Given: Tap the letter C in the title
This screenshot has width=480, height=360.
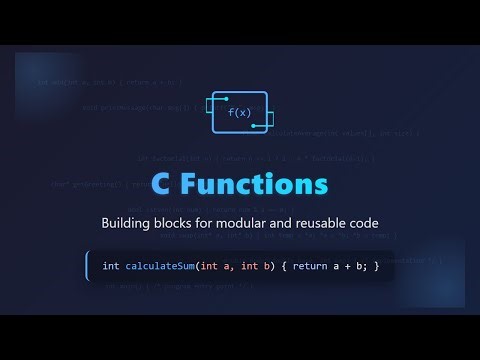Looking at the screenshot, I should [x=163, y=185].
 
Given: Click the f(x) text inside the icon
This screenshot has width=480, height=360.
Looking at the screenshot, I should [x=240, y=113].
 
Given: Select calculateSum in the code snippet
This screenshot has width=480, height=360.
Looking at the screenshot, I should [x=160, y=266].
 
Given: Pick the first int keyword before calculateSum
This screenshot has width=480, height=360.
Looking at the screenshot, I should [x=111, y=266].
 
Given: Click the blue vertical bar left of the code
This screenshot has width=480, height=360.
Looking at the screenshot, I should [x=88, y=266].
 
